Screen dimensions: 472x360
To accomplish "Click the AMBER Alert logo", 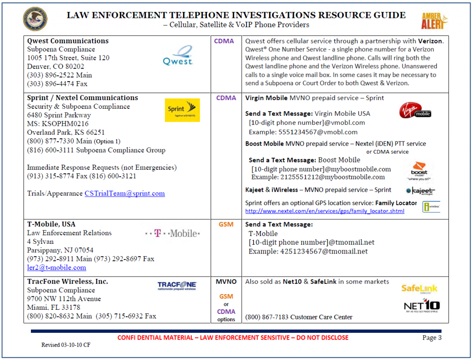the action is coord(435,20).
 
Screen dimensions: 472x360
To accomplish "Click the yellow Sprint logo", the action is coord(182,110).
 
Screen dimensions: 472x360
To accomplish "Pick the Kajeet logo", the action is coord(420,191).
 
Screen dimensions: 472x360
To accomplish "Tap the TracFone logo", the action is coord(177,286).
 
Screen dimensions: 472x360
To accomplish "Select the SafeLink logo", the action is coord(419,289).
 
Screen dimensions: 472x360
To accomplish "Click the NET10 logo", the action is coord(421,307).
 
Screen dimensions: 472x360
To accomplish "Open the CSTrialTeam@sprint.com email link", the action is coord(124,194).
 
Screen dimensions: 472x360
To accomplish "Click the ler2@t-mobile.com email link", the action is coord(56,267).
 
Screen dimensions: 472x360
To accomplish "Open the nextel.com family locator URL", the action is coord(324,211).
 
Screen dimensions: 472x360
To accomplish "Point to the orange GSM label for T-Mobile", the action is coord(226,224).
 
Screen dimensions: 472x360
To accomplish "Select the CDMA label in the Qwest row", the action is coord(224,41).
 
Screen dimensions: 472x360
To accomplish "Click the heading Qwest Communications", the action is coord(68,41).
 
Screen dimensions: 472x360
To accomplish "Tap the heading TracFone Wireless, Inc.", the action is coord(67,282).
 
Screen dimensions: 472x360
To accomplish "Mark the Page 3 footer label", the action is coord(432,338).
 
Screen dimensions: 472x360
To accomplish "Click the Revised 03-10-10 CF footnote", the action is coord(65,345).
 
